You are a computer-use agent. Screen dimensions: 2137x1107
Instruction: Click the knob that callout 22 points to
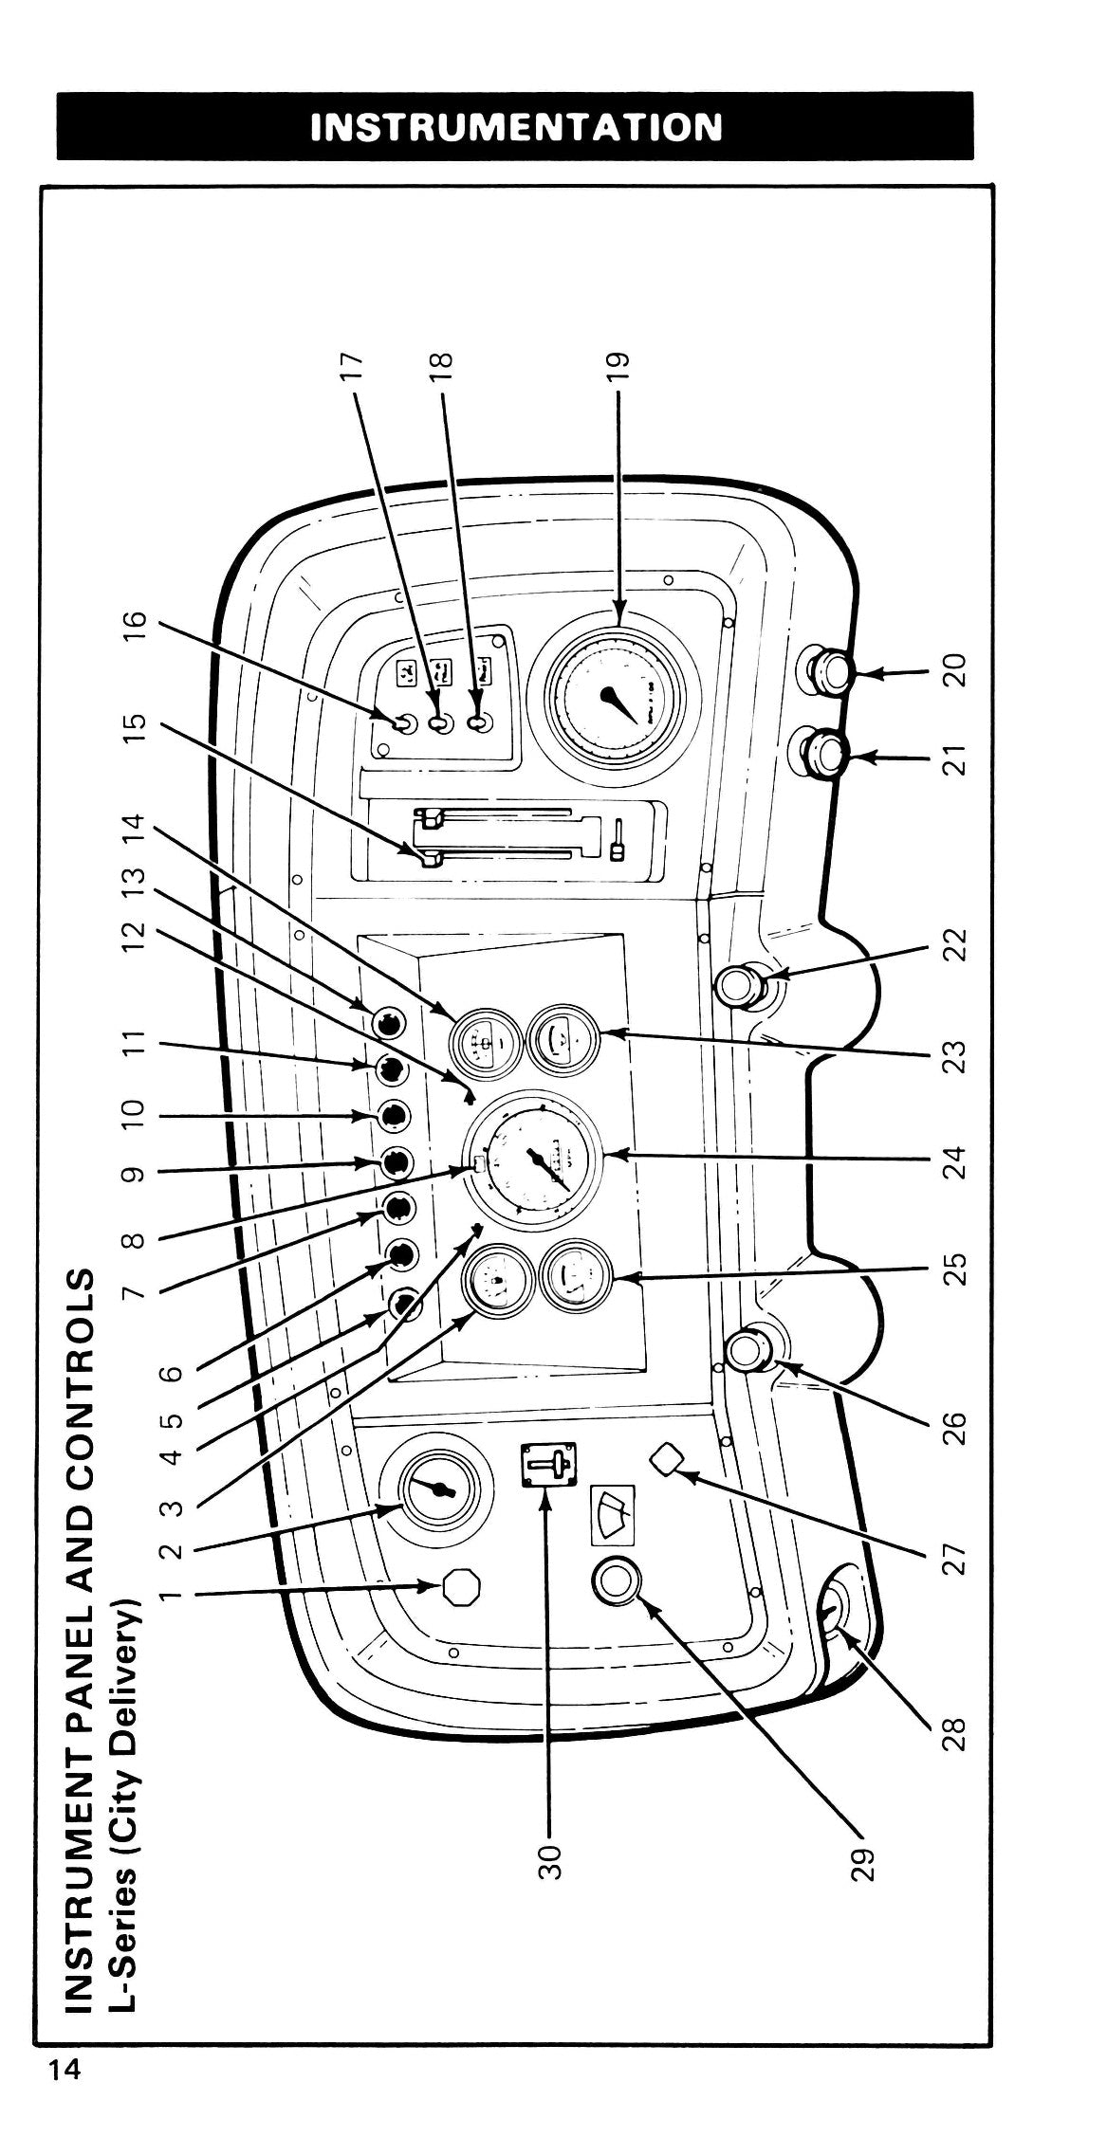tap(740, 988)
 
